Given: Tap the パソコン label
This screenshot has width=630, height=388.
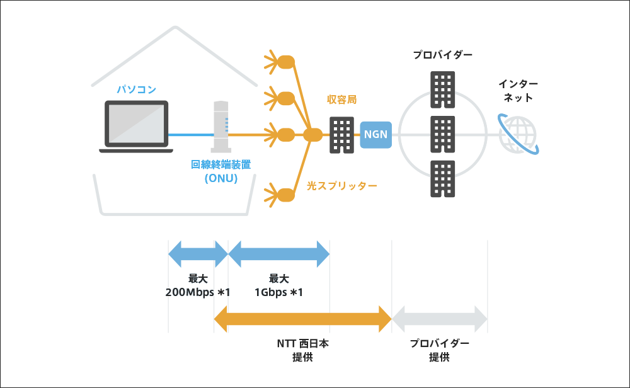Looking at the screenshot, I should (136, 89).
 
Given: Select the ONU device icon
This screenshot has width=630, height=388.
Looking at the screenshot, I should (221, 126).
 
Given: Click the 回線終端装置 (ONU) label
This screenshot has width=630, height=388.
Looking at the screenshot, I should (221, 171).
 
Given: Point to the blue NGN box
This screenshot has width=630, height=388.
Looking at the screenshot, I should (376, 134).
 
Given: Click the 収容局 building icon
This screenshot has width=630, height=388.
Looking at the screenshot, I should (343, 135).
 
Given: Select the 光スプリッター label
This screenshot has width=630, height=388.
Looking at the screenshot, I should (341, 186).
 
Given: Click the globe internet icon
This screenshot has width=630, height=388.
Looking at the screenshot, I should (518, 134).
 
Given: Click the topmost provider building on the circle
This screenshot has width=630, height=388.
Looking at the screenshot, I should (442, 89).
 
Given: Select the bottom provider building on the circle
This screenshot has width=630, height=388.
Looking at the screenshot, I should (442, 178).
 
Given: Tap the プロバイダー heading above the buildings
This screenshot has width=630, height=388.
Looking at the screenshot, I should (442, 55).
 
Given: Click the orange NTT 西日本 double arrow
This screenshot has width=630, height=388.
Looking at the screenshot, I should (303, 318).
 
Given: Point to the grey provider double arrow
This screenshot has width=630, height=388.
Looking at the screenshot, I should (440, 318).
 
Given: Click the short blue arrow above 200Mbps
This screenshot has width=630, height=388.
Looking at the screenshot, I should (198, 254).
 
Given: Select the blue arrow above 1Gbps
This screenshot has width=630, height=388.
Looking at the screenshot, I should (278, 254).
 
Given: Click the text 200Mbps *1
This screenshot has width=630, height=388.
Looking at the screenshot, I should (198, 292).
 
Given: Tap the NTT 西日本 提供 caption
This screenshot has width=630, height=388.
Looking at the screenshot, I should (303, 350).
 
